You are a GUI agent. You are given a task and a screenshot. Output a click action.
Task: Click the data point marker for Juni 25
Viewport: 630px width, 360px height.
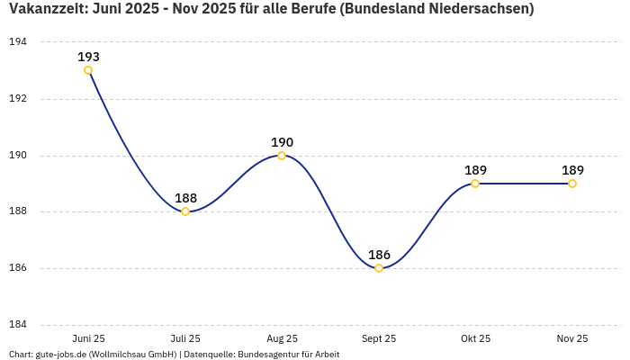click(88, 70)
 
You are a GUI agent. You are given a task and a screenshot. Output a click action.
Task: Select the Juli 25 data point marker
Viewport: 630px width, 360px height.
click(185, 211)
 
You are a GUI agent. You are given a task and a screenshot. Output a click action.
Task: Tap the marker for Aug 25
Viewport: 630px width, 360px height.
click(282, 156)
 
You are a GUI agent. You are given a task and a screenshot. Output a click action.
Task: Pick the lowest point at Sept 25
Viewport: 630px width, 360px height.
click(379, 268)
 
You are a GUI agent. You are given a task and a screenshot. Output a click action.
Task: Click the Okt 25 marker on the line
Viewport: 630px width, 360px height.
click(475, 184)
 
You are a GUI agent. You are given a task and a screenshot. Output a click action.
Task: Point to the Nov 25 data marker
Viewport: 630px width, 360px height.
click(572, 184)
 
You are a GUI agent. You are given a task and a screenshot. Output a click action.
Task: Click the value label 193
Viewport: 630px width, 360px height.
click(88, 57)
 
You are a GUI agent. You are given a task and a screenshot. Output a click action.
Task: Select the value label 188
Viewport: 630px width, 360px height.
click(185, 198)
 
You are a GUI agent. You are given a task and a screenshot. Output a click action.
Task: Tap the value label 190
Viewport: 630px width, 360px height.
click(282, 142)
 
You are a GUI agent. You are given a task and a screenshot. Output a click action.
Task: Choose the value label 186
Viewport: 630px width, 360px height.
click(379, 255)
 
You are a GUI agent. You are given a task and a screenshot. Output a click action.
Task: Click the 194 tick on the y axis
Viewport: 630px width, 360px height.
click(18, 42)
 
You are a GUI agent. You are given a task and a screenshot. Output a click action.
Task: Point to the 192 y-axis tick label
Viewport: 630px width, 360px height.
click(18, 99)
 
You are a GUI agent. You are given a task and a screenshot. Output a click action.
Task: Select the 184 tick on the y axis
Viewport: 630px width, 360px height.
click(18, 325)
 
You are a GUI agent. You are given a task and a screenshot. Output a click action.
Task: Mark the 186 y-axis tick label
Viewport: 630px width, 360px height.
click(18, 268)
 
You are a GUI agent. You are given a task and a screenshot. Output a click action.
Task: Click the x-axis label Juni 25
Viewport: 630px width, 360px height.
click(88, 338)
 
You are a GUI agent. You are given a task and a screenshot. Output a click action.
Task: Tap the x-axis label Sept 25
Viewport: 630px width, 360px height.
click(379, 338)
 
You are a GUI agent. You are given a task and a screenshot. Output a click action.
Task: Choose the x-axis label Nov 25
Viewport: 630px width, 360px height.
click(572, 338)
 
